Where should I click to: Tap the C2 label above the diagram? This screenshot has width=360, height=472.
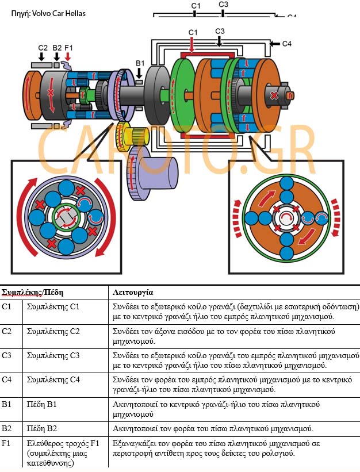tap(43, 47)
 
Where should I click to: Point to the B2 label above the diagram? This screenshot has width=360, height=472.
tap(56, 47)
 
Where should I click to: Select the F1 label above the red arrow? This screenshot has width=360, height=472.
tap(69, 47)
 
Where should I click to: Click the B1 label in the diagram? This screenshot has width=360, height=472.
tap(140, 63)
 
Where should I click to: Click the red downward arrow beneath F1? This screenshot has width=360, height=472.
tap(69, 56)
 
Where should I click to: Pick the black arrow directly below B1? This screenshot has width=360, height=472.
tap(140, 73)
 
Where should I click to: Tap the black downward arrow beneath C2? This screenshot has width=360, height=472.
tap(42, 56)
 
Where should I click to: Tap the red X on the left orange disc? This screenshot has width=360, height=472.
tap(51, 92)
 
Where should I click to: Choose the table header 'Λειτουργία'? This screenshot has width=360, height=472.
tap(132, 292)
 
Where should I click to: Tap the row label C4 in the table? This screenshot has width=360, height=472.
tap(6, 379)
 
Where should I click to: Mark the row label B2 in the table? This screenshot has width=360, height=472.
tap(6, 429)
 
